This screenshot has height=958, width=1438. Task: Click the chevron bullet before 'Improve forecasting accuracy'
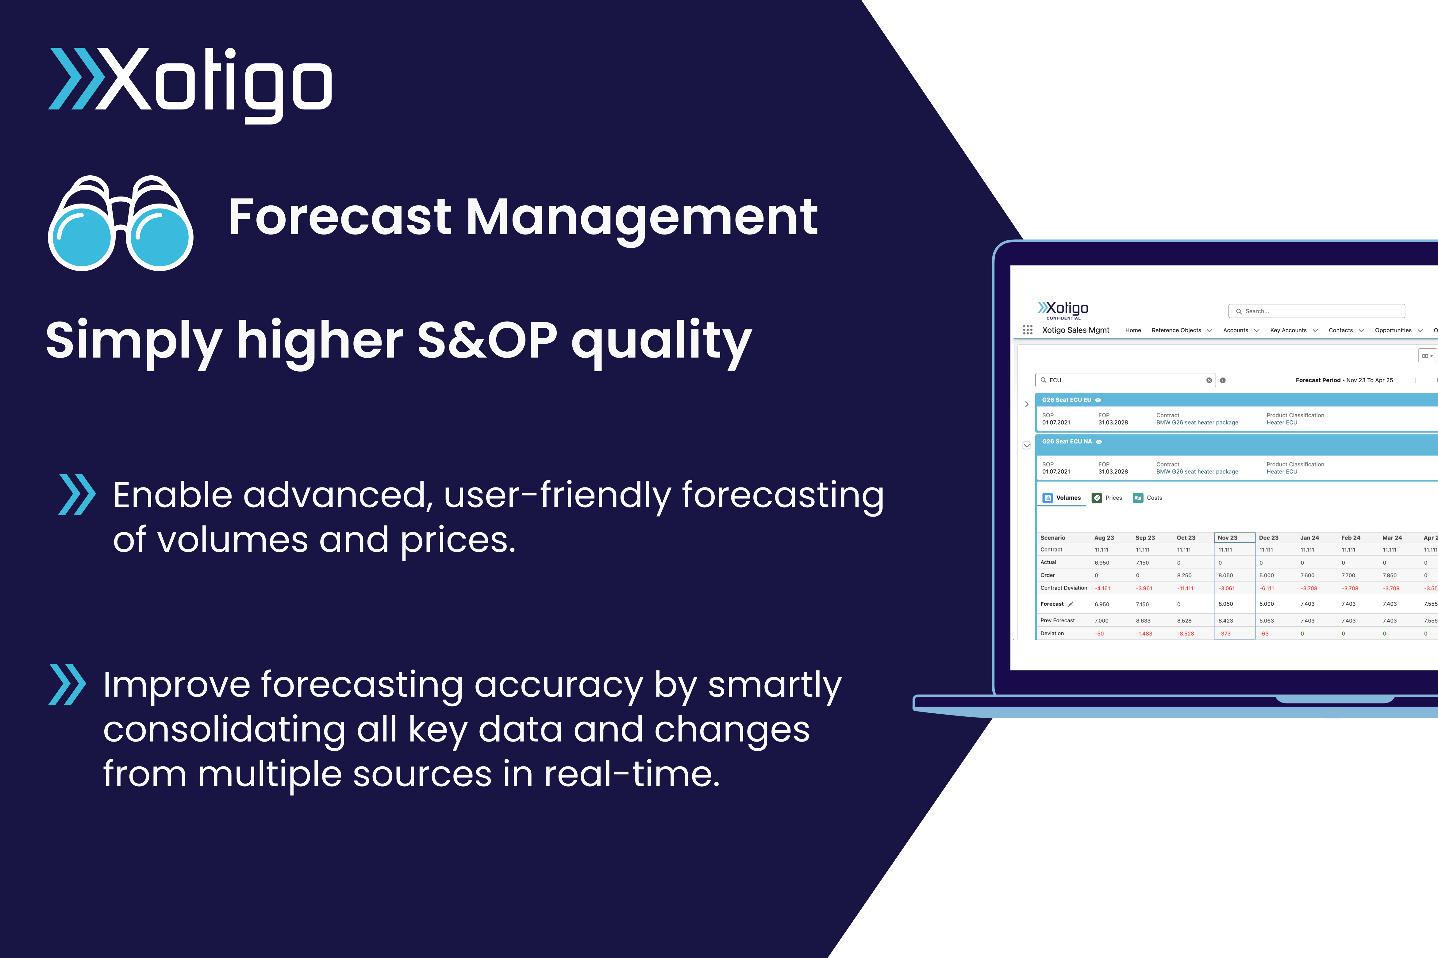(x=67, y=684)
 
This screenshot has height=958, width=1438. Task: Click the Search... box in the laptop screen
(x=1317, y=311)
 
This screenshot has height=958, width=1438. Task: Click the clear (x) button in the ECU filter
(x=1209, y=380)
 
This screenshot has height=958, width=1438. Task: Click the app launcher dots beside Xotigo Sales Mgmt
(x=1028, y=330)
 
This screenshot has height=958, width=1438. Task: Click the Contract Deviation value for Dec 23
(x=1266, y=588)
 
